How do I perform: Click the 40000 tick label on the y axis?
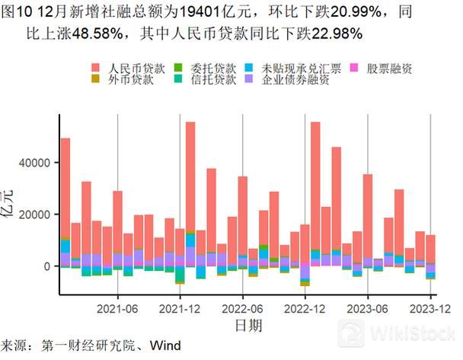click(34, 163)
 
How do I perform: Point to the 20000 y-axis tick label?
click(34, 215)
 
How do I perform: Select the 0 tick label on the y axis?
click(46, 266)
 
